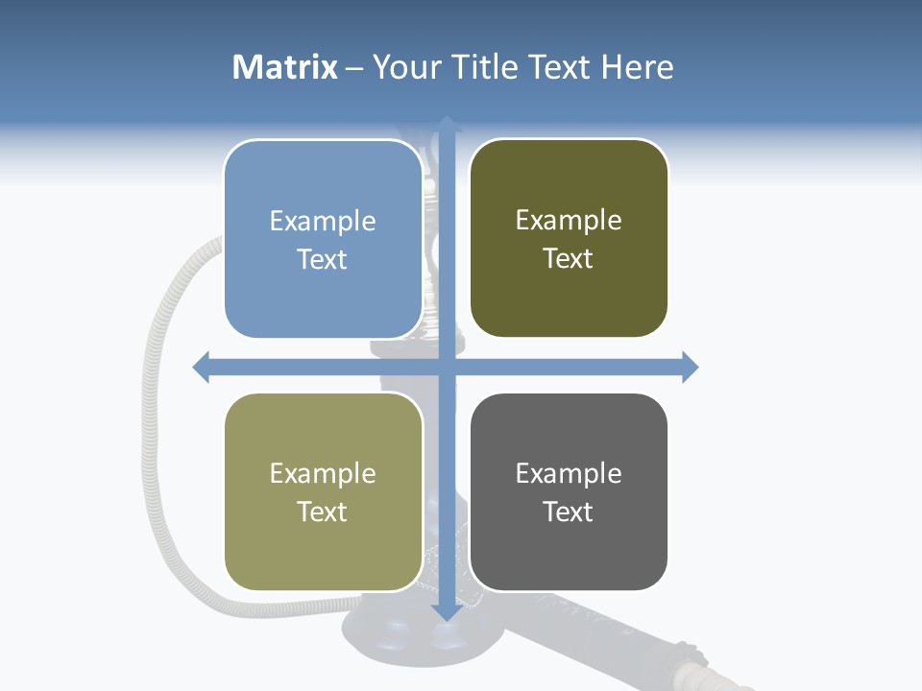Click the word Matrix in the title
(284, 67)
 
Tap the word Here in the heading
(637, 67)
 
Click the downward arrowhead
(447, 611)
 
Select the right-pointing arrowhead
(690, 367)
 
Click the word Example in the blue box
(323, 221)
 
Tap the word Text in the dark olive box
(569, 258)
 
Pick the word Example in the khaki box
(323, 473)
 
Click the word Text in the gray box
(569, 512)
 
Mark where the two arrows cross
(447, 367)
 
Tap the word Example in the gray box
(569, 473)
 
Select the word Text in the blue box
(323, 259)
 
